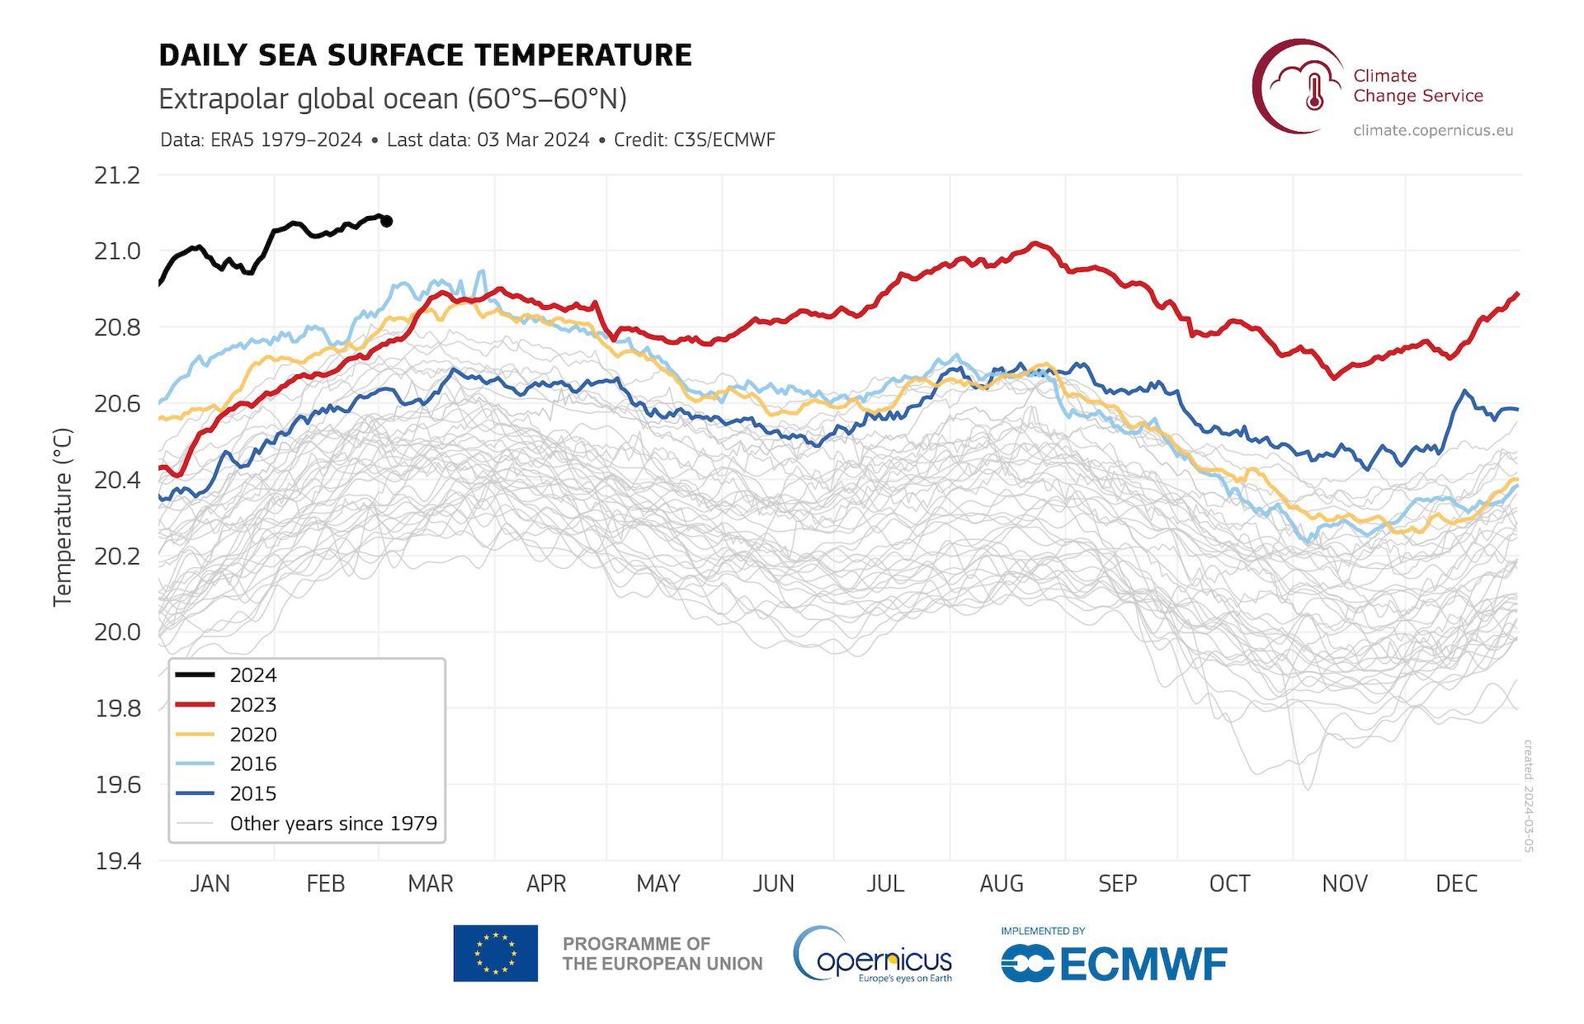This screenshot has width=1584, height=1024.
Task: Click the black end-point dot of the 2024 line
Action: click(x=386, y=221)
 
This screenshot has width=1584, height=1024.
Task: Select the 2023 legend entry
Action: click(x=252, y=705)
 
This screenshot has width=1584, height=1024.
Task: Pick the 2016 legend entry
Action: click(x=252, y=764)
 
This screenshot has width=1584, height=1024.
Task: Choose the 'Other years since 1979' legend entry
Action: click(x=332, y=824)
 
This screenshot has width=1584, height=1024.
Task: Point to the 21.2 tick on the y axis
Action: click(x=117, y=176)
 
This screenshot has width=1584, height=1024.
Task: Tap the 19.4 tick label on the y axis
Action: click(x=117, y=862)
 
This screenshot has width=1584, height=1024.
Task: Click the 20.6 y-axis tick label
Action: click(x=117, y=404)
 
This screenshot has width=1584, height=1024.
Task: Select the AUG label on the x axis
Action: click(x=1001, y=884)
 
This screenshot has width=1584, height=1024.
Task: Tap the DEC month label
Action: click(x=1456, y=884)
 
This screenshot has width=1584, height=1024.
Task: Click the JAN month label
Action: click(x=210, y=884)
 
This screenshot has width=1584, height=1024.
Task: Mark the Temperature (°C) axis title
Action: click(x=63, y=518)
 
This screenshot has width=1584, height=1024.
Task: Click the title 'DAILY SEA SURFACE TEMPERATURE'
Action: click(x=425, y=55)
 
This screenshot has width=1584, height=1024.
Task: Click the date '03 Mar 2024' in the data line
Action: click(x=533, y=140)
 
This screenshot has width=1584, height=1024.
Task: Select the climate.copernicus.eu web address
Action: click(x=1433, y=130)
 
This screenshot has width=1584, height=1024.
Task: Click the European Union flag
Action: click(x=495, y=953)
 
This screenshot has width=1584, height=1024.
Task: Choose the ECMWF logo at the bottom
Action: click(x=1114, y=962)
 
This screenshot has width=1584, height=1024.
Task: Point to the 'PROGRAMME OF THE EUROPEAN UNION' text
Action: click(x=662, y=954)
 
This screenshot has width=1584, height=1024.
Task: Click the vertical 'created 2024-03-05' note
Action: click(x=1528, y=796)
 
